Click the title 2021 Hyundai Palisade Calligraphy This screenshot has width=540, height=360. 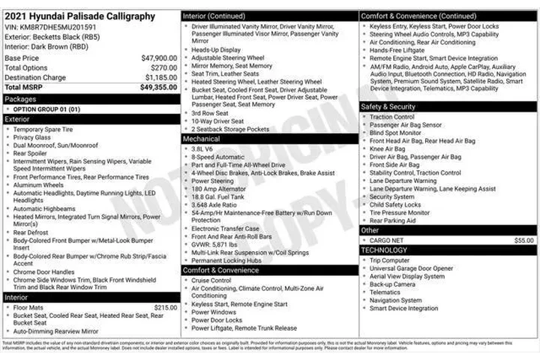coord(80,16)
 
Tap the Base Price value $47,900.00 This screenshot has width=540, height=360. coord(158,58)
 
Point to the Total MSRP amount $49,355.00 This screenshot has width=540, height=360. coord(157,87)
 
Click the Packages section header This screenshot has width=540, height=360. coord(20,98)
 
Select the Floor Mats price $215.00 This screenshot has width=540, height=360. coord(166,307)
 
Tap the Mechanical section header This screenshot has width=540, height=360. coord(202,139)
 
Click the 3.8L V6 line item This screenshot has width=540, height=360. coord(202,148)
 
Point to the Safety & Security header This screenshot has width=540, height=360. coord(388,106)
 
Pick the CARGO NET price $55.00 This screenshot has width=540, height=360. coord(524,240)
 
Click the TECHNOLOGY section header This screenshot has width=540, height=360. coord(385,250)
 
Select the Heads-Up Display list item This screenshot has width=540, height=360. coord(217,49)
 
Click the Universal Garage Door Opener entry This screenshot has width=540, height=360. coord(411,268)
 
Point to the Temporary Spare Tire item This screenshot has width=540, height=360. coord(43,129)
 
